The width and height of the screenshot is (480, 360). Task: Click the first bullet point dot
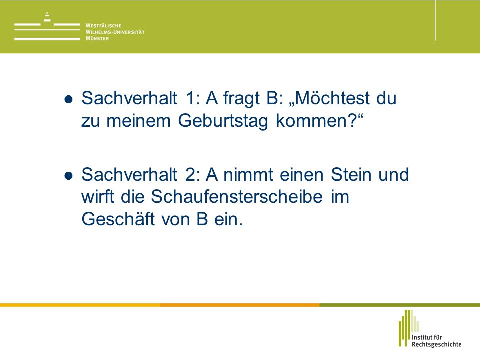(x=69, y=99)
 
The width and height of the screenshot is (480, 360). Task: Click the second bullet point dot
(x=69, y=176)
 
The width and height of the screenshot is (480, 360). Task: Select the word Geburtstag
(x=223, y=121)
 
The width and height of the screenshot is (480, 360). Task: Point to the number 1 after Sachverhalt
(x=190, y=98)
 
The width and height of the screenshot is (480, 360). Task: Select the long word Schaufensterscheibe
(x=237, y=196)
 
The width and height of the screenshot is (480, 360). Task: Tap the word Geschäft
(x=118, y=219)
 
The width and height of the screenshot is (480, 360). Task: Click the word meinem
(x=138, y=120)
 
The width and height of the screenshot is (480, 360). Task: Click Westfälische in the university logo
(x=103, y=25)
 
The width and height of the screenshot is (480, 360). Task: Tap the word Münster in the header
(x=97, y=38)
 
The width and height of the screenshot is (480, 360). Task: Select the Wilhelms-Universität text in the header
(x=115, y=32)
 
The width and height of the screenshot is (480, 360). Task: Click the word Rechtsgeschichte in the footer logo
(x=436, y=344)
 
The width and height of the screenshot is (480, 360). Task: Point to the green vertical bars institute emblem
(x=408, y=328)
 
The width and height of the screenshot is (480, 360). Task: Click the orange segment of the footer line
(x=239, y=305)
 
